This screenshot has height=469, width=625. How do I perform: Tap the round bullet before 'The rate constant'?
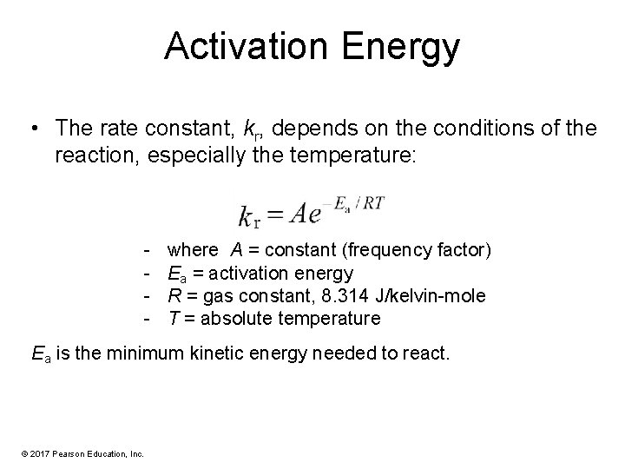[x=32, y=129]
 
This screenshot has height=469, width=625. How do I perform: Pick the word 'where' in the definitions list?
[x=194, y=251]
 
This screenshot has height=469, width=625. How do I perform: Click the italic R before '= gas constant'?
[x=173, y=296]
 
